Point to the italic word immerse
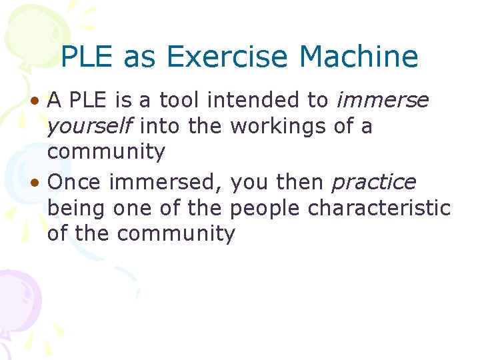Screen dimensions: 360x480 (383, 101)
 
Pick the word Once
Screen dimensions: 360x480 (75, 182)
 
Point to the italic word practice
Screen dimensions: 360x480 (374, 182)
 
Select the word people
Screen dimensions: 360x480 (265, 209)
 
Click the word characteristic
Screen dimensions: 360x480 (379, 208)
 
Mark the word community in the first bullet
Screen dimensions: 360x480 (105, 152)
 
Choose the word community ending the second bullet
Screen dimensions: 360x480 (175, 233)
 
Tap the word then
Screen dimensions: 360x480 (297, 182)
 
